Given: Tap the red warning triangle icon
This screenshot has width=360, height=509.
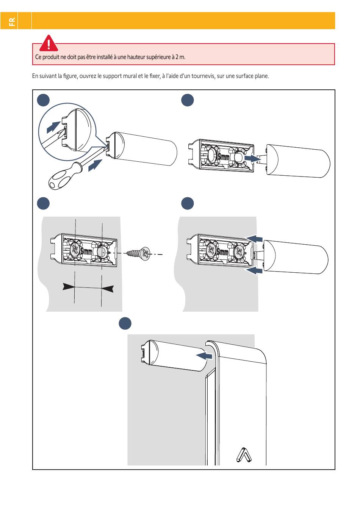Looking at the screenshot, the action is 49,43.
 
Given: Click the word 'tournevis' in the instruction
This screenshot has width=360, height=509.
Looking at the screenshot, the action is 203,76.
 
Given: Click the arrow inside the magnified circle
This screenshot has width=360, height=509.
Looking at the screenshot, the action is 53,127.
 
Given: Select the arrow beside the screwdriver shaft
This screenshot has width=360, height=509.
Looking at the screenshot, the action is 95,165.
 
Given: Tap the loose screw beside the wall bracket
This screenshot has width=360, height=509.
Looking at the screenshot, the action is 138,253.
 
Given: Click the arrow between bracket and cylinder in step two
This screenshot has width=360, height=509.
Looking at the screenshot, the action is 252,159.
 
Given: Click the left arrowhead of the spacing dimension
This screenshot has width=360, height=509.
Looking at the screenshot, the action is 69,287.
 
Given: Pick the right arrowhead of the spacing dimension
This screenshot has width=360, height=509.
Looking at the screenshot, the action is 108,289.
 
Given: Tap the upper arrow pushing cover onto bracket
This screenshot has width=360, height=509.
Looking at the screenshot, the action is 254,239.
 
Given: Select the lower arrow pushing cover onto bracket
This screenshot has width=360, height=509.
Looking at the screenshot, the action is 254,271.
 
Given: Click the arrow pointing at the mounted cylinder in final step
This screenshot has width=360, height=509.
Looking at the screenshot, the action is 204,355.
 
